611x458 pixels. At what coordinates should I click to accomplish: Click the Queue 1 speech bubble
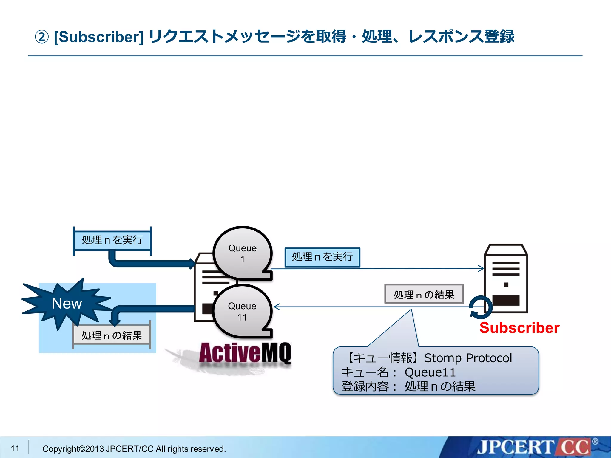click(242, 253)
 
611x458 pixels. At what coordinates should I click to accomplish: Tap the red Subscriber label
click(519, 328)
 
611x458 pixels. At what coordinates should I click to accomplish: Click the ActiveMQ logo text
click(245, 353)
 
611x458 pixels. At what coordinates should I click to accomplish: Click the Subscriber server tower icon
click(506, 278)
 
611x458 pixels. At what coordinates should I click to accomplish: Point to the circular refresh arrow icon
click(480, 307)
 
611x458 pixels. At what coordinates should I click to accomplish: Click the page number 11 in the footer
click(15, 448)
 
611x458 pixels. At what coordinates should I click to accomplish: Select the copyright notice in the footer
click(134, 449)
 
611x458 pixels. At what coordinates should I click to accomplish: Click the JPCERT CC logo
click(534, 447)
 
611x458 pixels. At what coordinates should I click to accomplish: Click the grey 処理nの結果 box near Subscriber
click(424, 294)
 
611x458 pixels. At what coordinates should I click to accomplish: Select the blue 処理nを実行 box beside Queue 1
click(322, 257)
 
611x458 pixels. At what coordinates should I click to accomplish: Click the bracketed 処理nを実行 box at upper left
click(112, 240)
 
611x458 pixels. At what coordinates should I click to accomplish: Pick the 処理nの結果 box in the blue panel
click(112, 335)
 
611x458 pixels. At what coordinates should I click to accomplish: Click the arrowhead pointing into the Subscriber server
click(481, 268)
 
